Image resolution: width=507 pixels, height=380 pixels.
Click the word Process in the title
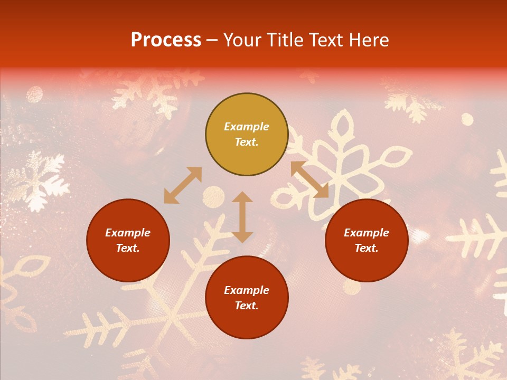[166, 40]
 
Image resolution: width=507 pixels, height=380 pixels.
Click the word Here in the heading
[369, 40]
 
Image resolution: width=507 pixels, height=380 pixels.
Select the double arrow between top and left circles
[183, 185]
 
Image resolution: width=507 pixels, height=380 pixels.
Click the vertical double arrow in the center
[242, 217]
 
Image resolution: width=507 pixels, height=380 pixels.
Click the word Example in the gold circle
[247, 127]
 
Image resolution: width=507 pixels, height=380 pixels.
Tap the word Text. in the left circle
[128, 248]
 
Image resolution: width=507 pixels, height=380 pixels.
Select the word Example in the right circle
[367, 233]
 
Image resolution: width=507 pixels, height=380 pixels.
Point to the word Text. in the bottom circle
[247, 306]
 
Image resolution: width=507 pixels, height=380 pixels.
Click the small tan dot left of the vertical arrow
[213, 196]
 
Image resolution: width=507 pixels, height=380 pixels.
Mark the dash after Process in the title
[212, 40]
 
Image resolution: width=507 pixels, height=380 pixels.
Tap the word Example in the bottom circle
[247, 290]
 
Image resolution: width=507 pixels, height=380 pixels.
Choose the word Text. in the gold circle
[247, 142]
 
